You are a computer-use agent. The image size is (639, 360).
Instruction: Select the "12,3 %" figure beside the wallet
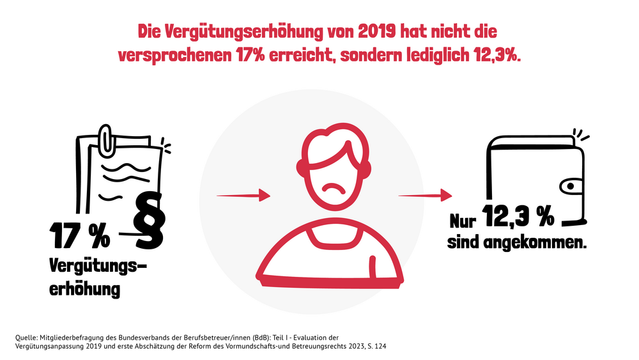tap(518, 217)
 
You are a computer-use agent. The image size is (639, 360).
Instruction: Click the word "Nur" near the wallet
tap(463, 221)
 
